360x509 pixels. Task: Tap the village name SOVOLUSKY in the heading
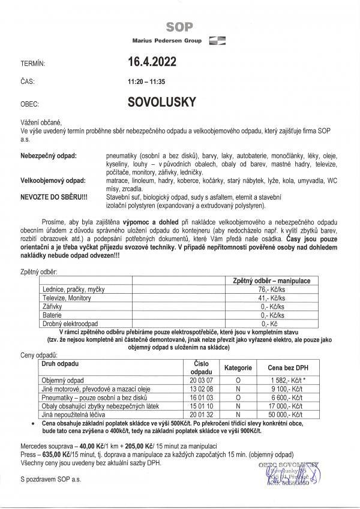(161, 101)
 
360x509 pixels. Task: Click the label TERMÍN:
(33, 62)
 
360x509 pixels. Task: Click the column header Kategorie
(238, 368)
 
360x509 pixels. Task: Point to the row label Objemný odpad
(63, 380)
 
